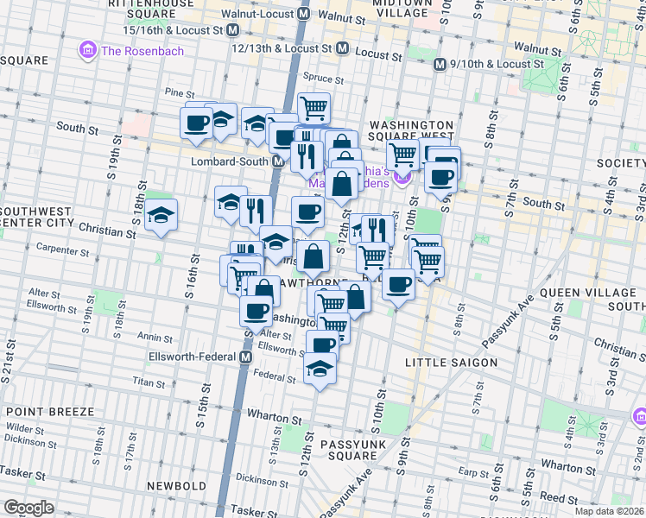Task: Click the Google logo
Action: [28, 507]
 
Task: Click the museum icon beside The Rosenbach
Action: [87, 51]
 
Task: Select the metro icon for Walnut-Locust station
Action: [304, 16]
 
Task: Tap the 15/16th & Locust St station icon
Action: [232, 29]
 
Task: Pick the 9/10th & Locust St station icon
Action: [440, 64]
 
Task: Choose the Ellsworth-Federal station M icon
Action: [246, 357]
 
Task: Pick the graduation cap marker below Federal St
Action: [320, 369]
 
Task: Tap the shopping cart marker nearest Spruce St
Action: [313, 108]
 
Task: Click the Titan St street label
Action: [148, 381]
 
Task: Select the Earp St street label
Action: [472, 472]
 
